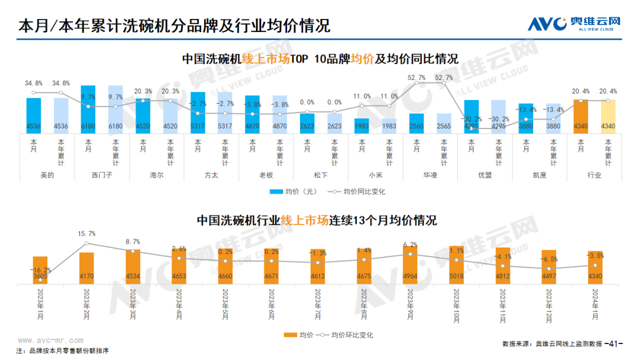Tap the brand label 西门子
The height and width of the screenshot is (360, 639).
click(x=102, y=175)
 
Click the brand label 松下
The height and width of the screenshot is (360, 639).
click(x=321, y=175)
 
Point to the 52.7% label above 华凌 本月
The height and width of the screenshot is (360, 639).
click(x=417, y=78)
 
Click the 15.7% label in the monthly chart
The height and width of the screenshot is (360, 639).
click(x=86, y=234)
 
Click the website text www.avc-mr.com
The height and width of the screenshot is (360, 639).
click(x=50, y=340)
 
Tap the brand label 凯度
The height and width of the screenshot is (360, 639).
click(x=540, y=175)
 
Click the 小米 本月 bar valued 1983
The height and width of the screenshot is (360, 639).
click(x=362, y=124)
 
